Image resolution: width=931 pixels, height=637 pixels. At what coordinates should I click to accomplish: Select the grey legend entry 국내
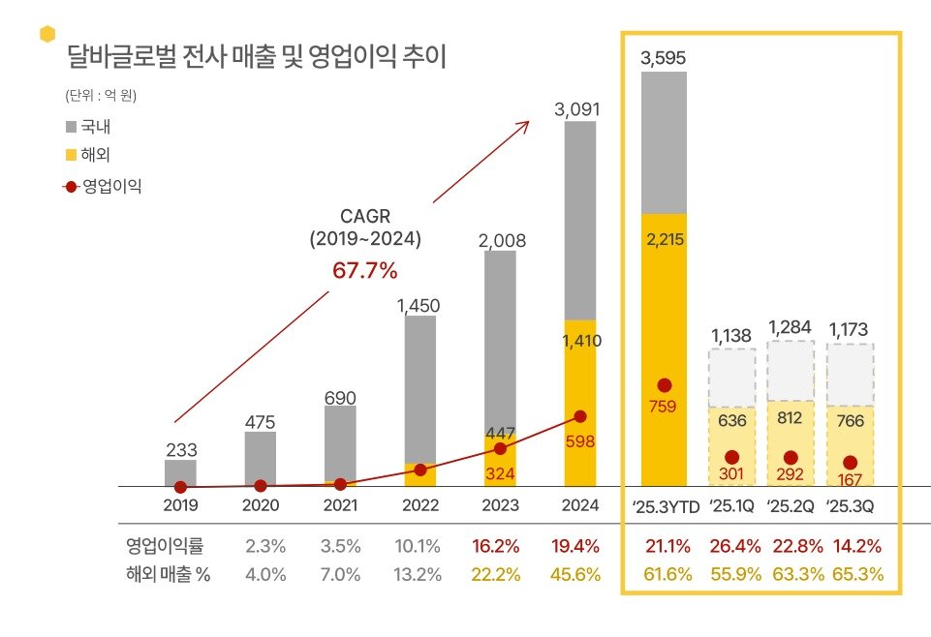coord(96,126)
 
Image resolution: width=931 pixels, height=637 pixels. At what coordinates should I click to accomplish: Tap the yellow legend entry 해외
coord(96,153)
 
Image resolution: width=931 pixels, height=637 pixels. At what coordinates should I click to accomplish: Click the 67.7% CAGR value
coord(364,270)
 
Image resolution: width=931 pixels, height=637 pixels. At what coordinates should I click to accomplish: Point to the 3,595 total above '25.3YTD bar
coord(663,58)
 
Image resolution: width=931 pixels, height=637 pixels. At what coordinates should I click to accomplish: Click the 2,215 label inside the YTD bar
coord(663,239)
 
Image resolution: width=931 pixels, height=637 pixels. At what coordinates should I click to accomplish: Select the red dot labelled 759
coord(664,385)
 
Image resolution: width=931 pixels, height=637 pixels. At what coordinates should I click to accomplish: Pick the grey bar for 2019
coord(180,472)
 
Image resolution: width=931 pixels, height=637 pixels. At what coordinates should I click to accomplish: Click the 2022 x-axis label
coord(419,505)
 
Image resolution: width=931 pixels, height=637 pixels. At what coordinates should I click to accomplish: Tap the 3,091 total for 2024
coord(577,109)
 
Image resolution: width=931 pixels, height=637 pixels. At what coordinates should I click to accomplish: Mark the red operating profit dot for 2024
coord(580,416)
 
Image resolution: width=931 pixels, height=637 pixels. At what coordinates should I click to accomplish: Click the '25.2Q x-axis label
coord(791,505)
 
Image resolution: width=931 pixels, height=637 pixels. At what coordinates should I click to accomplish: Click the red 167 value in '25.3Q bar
coord(851,479)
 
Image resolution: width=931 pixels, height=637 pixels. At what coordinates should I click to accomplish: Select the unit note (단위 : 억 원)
coord(101,96)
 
